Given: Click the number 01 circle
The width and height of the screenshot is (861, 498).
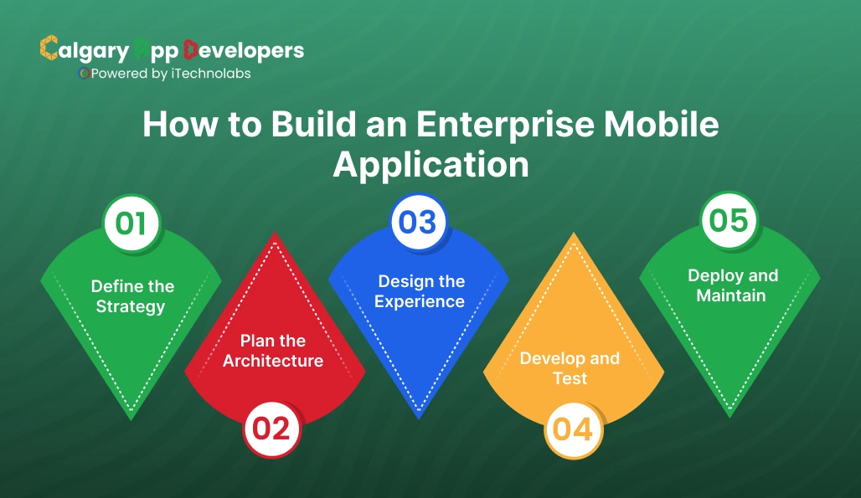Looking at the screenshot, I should point(131,223).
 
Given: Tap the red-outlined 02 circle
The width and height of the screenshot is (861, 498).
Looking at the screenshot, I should point(271,429).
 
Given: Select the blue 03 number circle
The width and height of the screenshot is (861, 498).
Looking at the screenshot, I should point(418,222).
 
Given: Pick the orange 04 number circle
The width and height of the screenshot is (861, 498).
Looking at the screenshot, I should point(573,429).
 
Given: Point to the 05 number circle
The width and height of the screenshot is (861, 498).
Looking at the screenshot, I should point(729,220).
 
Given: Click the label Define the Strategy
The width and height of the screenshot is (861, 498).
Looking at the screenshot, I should point(131,296).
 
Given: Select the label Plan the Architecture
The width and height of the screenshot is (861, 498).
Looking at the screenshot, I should point(273,351).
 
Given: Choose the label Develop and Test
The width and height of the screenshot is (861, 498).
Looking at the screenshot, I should point(570,368).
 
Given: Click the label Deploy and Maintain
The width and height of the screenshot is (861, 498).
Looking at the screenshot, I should point(732,285).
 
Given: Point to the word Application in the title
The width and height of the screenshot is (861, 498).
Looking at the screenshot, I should point(430,164).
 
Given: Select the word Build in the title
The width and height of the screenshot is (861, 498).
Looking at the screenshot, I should point(313,125).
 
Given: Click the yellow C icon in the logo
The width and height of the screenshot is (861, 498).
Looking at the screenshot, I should point(49,49).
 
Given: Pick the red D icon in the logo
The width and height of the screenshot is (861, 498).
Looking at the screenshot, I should point(190,49).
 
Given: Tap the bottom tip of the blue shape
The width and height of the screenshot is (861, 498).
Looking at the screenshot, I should point(419,416).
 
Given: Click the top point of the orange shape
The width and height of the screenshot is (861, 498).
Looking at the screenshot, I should point(575,236).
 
